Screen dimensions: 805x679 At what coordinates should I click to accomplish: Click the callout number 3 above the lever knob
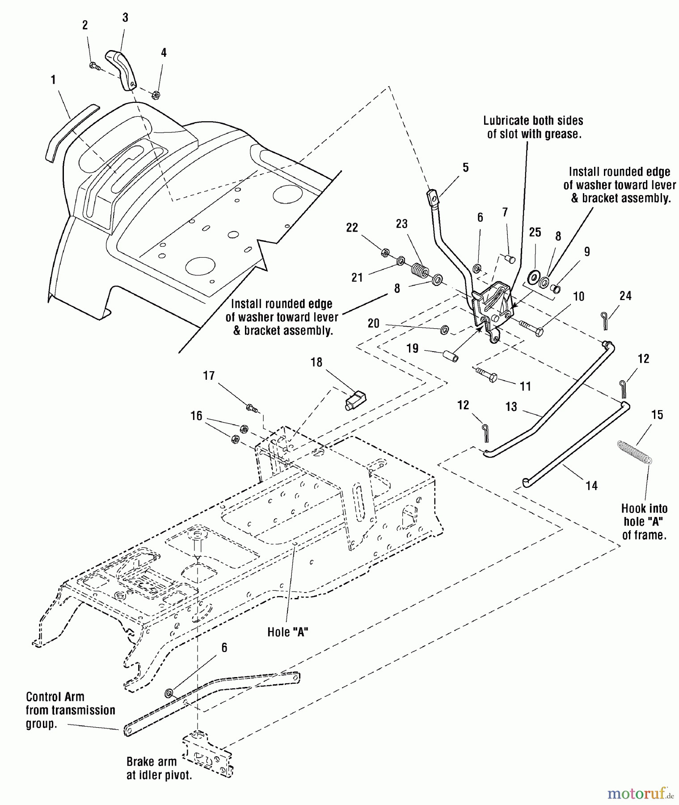(x=125, y=17)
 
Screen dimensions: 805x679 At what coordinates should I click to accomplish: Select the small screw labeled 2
(x=94, y=66)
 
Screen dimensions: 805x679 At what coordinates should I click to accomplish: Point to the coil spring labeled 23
(x=419, y=271)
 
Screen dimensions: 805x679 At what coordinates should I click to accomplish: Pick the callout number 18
(x=316, y=362)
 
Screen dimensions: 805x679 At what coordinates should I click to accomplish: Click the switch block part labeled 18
(x=355, y=399)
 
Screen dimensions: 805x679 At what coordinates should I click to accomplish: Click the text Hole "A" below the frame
(x=287, y=632)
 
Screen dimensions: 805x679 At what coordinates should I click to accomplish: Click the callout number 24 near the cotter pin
(x=625, y=296)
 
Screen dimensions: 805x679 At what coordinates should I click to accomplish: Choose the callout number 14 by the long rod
(x=591, y=486)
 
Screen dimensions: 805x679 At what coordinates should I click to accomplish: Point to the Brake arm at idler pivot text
(x=159, y=768)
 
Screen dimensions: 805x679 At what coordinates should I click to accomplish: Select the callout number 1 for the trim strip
(x=53, y=80)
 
